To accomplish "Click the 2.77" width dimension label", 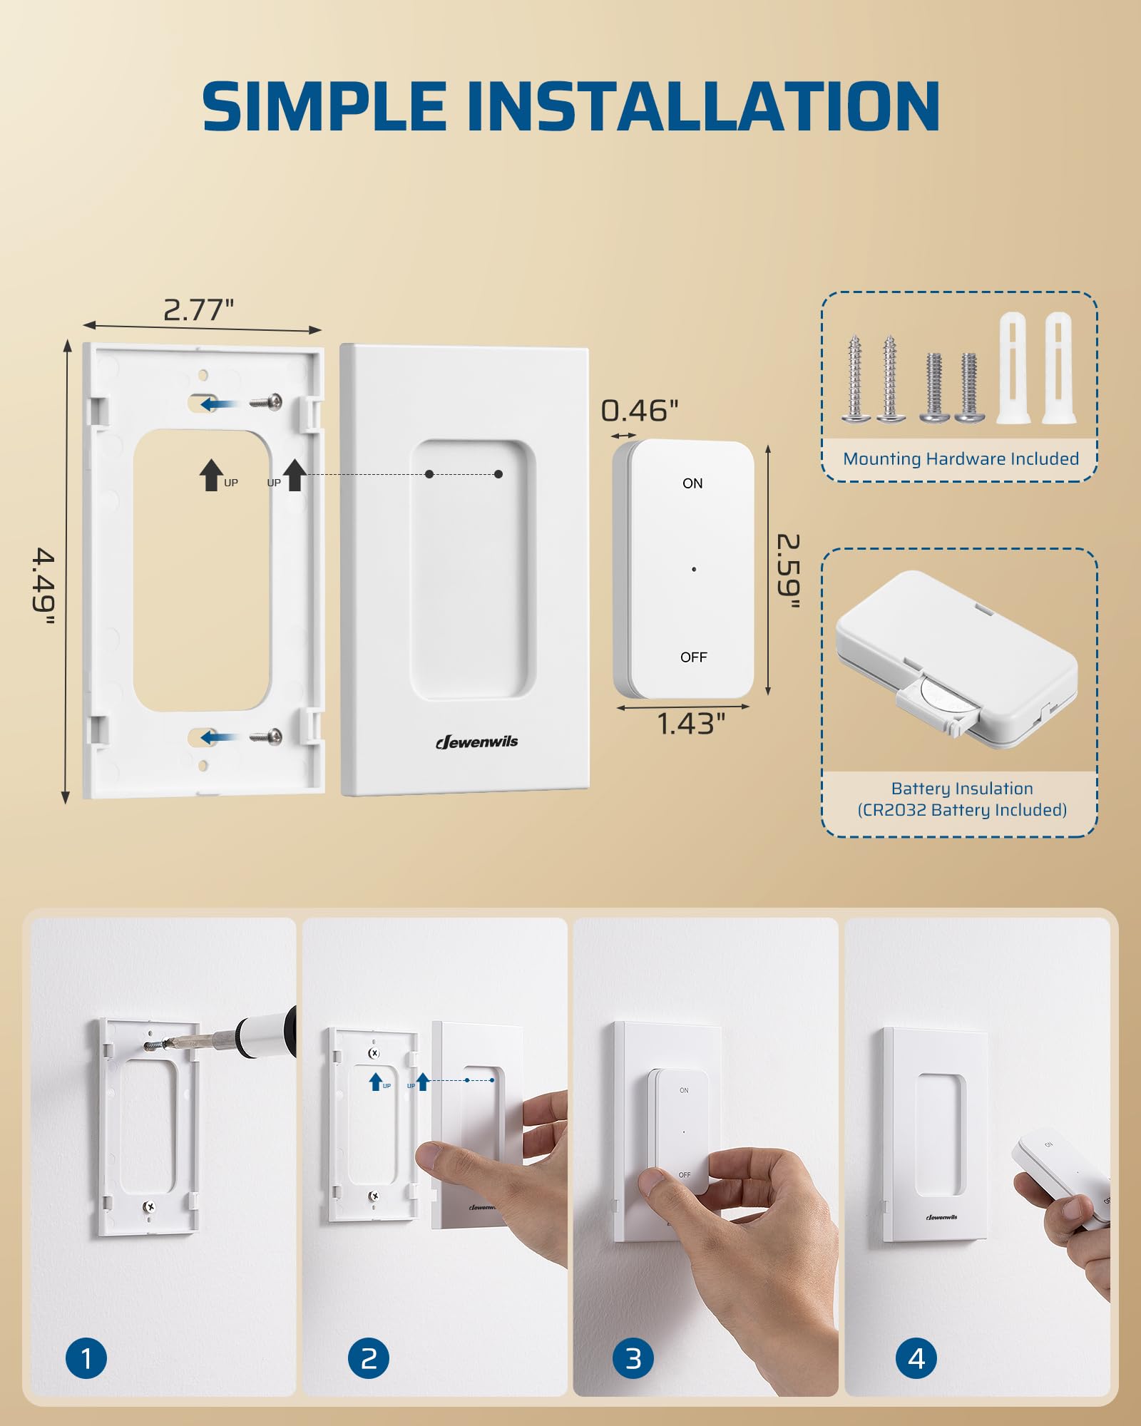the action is click(x=198, y=310).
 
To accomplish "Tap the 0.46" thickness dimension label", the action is click(x=639, y=411).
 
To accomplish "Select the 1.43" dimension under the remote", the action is click(x=690, y=724).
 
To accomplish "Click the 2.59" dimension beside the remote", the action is click(x=787, y=571).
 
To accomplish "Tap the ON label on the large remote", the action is click(x=692, y=483).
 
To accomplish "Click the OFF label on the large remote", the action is click(x=693, y=657).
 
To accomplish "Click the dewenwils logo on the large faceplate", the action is click(x=477, y=742).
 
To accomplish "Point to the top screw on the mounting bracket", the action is click(x=266, y=402).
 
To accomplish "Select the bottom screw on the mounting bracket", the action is click(x=266, y=736).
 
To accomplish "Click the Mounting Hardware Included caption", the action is click(x=961, y=459).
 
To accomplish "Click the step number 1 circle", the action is click(x=86, y=1358).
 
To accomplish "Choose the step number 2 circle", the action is click(x=369, y=1358).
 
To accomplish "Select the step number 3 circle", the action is click(x=633, y=1358).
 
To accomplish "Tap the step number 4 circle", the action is click(x=916, y=1358).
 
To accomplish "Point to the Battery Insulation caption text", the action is click(x=962, y=789).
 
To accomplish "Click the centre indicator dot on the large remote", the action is click(x=694, y=569).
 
